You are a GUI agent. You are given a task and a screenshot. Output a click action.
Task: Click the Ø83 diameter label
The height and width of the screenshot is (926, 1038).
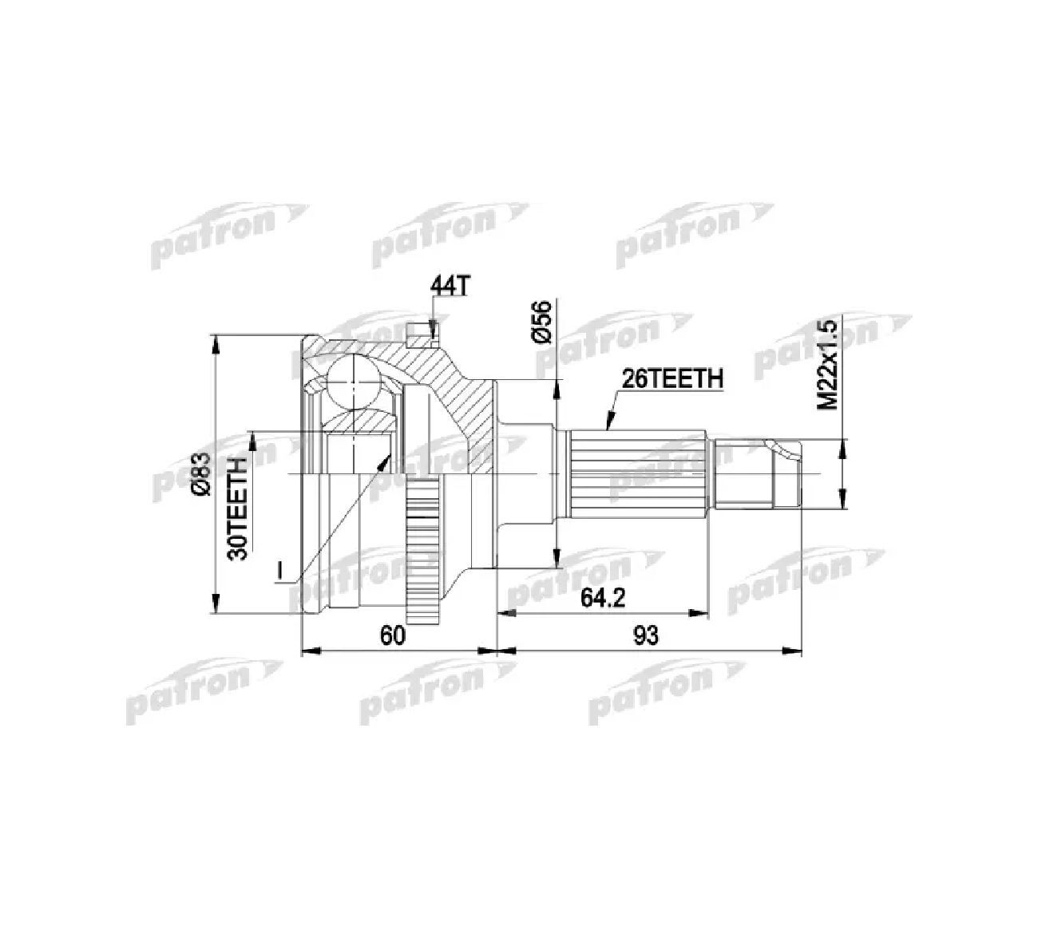(200, 476)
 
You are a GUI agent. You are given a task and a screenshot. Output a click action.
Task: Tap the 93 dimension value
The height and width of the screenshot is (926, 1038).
(645, 636)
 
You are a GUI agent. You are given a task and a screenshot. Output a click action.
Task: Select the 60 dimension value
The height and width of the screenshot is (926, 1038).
(393, 636)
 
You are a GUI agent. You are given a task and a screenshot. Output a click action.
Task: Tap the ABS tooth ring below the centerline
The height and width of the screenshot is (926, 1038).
(422, 559)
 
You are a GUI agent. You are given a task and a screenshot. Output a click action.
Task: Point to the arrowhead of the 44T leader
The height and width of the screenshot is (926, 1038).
(433, 330)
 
